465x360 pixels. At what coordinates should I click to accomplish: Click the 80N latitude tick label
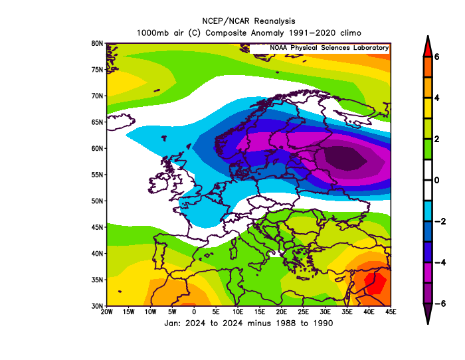[x=97, y=44]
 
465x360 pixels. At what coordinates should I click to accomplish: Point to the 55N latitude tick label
[x=97, y=175]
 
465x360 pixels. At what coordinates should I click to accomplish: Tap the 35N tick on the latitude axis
[x=97, y=280]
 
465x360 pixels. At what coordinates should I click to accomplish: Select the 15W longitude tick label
[x=128, y=312]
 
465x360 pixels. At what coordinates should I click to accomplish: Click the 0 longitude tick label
[x=194, y=312]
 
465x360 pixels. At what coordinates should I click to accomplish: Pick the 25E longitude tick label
[x=304, y=312]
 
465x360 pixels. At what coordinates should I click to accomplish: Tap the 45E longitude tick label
[x=391, y=312]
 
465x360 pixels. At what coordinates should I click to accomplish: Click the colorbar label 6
[x=437, y=56]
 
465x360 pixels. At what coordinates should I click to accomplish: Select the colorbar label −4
[x=440, y=262]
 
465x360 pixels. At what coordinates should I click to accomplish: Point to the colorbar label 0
[x=437, y=180]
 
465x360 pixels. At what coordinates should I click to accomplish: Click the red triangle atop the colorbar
[x=428, y=46]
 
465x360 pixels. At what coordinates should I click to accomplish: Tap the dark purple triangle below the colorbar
[x=428, y=314]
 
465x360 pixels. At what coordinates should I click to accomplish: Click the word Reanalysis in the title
[x=274, y=21]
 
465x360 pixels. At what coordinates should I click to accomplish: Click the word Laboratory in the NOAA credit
[x=371, y=48]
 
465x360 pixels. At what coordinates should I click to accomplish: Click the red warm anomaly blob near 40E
[x=375, y=283]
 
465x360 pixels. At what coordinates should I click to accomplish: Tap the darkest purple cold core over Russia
[x=345, y=158]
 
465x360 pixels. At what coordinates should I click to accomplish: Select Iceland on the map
[x=120, y=122]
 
